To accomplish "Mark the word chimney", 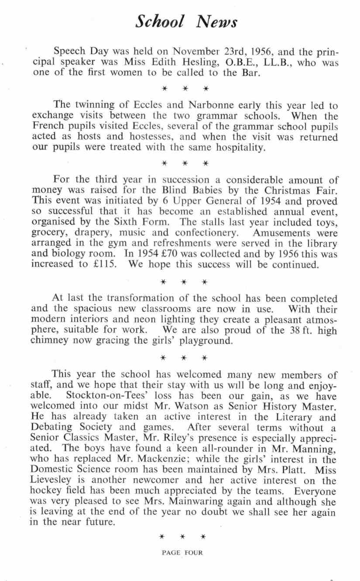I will pos(50,341).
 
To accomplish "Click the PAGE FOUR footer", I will pos(182,553).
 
